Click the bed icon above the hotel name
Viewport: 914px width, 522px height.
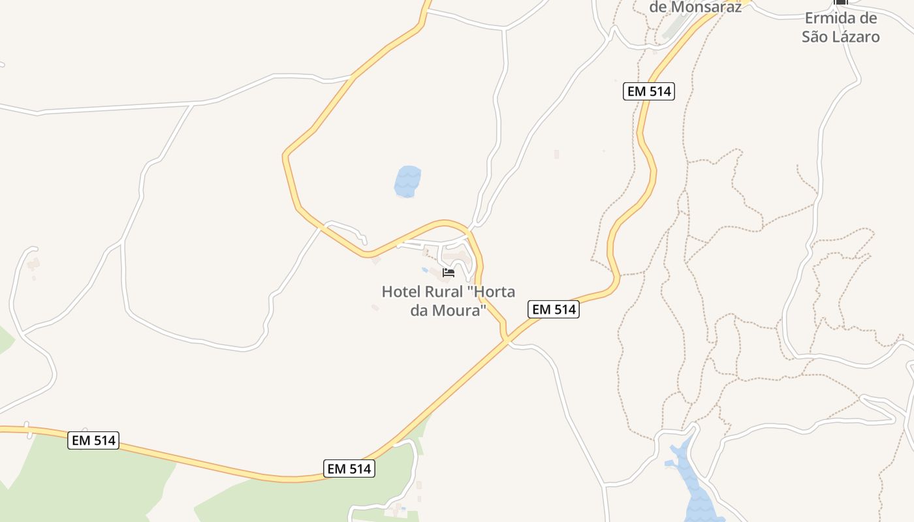click(x=449, y=273)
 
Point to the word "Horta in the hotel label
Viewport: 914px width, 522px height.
click(x=491, y=292)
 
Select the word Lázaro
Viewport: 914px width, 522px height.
click(x=855, y=37)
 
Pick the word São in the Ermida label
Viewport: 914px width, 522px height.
click(x=815, y=37)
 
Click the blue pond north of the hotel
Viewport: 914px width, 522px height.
click(x=407, y=181)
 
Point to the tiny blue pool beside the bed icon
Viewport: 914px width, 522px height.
click(x=425, y=269)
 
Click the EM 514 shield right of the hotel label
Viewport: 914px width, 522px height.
click(x=554, y=309)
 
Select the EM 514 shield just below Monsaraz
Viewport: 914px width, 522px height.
click(x=648, y=91)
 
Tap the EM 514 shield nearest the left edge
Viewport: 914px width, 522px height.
click(x=93, y=440)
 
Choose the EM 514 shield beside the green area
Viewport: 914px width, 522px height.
click(x=349, y=468)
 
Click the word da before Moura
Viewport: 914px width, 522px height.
click(x=418, y=310)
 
